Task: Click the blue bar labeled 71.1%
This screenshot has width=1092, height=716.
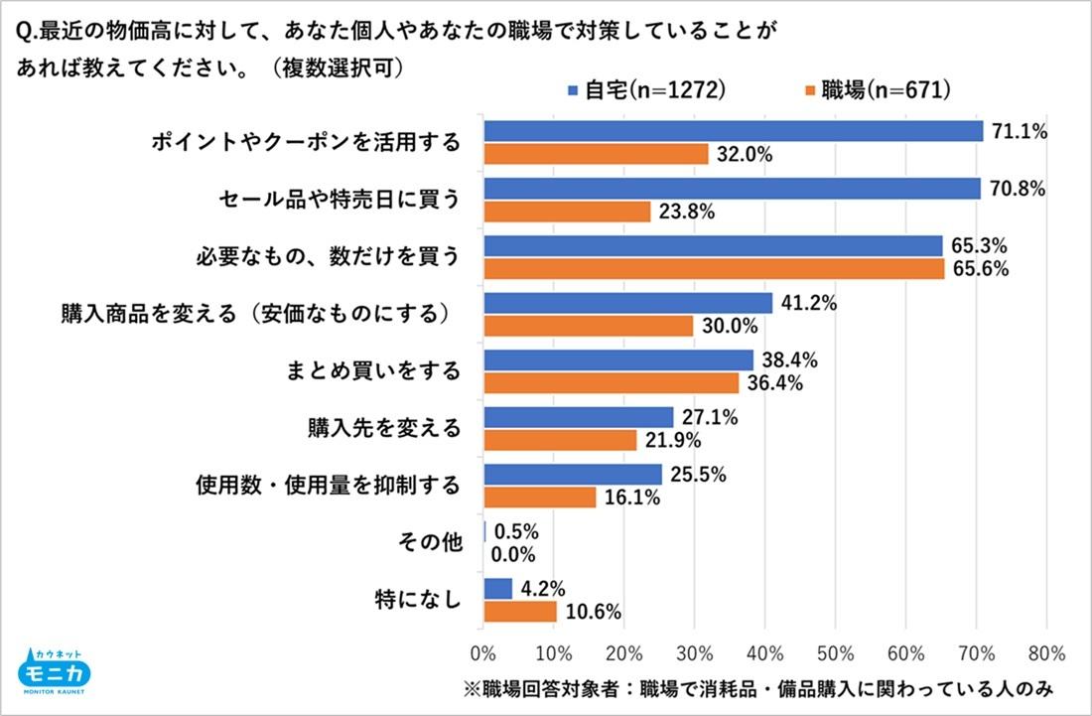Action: point(733,131)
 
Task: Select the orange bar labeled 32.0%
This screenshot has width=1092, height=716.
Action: point(596,154)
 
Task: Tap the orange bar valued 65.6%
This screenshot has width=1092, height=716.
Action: point(714,269)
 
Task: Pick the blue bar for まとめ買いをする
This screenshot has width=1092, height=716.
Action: point(618,359)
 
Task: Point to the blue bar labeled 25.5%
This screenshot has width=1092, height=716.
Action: point(573,474)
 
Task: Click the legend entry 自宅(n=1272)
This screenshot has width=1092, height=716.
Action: point(646,90)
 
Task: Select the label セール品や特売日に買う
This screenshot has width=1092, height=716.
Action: point(340,200)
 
